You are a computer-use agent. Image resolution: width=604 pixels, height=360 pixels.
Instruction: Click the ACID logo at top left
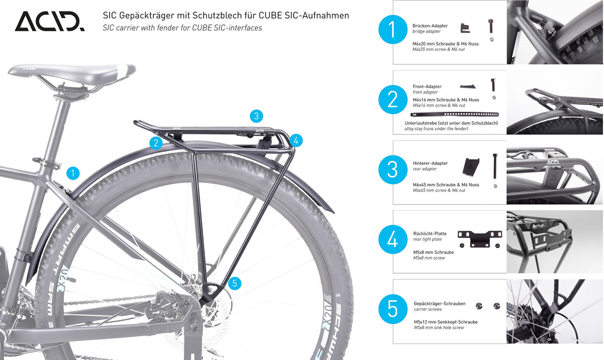pos(50,21)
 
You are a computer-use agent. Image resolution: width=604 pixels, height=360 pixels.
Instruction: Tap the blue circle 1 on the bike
pos(73,173)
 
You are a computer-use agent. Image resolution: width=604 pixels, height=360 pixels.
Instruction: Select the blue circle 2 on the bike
pos(156,143)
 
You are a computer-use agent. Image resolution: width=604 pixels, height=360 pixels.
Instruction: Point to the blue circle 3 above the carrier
pos(256,116)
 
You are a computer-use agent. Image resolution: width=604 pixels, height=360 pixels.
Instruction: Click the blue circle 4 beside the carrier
pos(296,140)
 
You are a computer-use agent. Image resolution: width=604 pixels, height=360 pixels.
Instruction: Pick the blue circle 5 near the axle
pos(234,283)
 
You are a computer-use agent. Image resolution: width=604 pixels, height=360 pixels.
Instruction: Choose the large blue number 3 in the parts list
pos(392,170)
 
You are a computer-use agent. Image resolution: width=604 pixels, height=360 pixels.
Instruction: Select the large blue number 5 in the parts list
pos(392,308)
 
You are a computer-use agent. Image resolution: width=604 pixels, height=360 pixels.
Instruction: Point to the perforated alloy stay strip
pos(454,115)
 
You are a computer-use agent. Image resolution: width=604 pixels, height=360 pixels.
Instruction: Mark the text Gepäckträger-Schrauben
pos(439,303)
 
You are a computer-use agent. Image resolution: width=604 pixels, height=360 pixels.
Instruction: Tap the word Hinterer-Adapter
pos(430,163)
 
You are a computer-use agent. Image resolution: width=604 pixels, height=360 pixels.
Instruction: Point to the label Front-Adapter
pos(427,86)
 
